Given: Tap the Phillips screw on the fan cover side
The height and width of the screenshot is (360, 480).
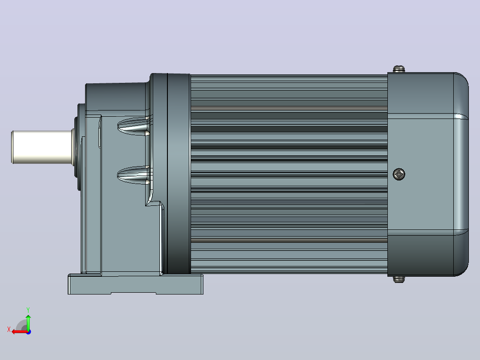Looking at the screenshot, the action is click(x=399, y=174).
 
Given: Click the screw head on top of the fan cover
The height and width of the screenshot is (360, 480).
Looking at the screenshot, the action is click(x=399, y=69).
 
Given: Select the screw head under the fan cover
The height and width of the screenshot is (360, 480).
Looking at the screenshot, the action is click(x=399, y=279).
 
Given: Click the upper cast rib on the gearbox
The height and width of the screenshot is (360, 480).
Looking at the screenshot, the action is click(x=134, y=126).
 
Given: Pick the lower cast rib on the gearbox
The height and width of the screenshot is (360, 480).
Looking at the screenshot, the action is click(x=134, y=175).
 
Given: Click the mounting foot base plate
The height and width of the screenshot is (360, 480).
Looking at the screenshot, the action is click(x=135, y=284).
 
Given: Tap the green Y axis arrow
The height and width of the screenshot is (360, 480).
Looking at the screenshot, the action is click(x=28, y=322).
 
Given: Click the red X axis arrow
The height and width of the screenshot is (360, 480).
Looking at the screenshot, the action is click(x=20, y=331).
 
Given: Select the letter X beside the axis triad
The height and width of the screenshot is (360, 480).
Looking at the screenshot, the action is click(x=9, y=329).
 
